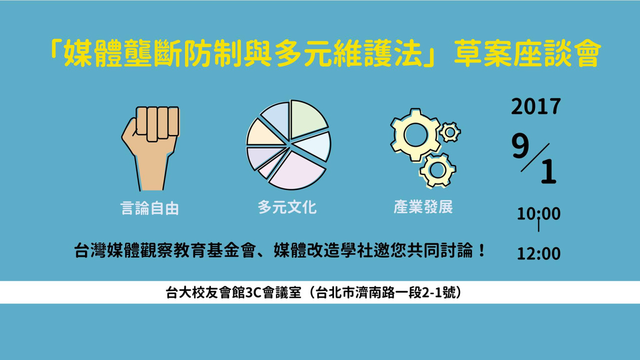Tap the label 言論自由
(x=149, y=208)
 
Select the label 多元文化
(x=287, y=207)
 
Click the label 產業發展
(x=423, y=206)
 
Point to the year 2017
(x=535, y=106)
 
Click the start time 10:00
(x=539, y=213)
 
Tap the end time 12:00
(x=539, y=253)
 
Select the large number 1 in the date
(x=548, y=171)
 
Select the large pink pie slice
(x=297, y=171)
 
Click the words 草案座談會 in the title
(x=525, y=53)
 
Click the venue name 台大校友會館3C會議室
(x=233, y=292)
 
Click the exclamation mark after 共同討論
(x=481, y=250)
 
